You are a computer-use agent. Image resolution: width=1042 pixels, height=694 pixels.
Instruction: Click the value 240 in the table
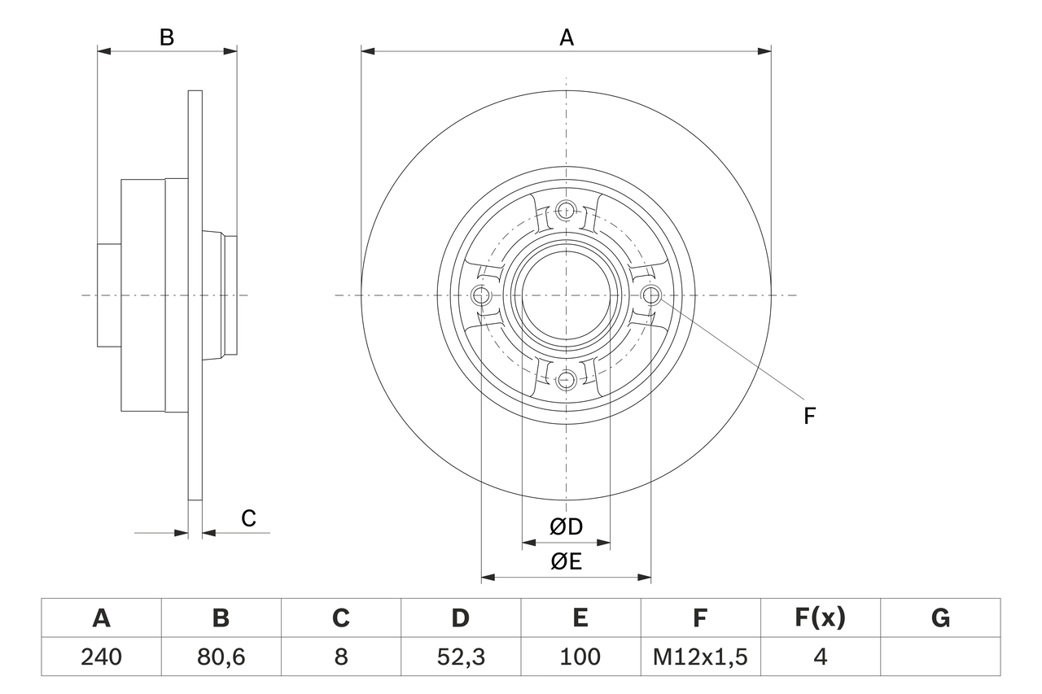point(101,657)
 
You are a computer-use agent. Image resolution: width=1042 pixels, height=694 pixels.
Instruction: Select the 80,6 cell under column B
point(221,657)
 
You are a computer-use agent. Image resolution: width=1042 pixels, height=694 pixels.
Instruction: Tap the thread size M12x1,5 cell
point(700,657)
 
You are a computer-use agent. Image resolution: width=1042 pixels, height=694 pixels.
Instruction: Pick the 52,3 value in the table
point(460,657)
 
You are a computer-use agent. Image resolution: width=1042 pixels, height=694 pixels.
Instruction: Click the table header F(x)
point(820,618)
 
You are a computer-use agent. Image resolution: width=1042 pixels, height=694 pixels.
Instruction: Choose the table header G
point(940,618)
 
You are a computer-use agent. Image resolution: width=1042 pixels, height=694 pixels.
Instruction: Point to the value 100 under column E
point(580,657)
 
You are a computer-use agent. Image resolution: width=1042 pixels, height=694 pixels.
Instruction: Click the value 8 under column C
point(340,657)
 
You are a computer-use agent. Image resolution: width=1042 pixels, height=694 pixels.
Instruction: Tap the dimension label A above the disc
point(566,37)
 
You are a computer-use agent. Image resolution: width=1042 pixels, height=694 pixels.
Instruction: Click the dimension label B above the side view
point(166,37)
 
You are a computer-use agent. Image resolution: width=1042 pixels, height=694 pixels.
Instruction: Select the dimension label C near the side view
point(248,518)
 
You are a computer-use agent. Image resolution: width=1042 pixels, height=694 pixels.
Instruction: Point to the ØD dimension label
point(566,526)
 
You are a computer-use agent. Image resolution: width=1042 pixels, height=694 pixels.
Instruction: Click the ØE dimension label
point(566,561)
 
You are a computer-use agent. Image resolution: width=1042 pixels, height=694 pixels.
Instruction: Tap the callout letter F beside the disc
point(808,416)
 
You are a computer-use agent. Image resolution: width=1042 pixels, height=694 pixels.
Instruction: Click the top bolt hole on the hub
point(566,211)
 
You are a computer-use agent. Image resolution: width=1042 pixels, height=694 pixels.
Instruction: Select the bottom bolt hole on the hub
point(566,378)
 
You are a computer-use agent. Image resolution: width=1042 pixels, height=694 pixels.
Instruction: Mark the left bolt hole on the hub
point(482,295)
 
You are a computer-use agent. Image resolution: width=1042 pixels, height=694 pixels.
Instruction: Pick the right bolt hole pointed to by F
point(650,295)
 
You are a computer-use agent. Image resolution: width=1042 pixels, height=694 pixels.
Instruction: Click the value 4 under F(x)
point(820,657)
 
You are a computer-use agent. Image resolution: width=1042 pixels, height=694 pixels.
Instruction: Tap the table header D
point(460,618)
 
